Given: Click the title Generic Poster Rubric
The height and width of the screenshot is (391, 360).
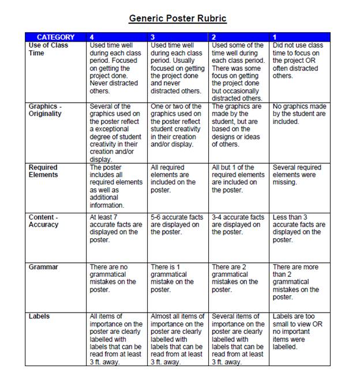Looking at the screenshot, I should click(x=178, y=18).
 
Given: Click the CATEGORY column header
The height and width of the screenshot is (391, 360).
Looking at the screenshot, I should click(x=56, y=37).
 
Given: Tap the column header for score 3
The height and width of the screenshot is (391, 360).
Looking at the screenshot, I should click(x=153, y=37).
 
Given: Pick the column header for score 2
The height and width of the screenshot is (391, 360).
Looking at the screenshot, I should click(x=214, y=37).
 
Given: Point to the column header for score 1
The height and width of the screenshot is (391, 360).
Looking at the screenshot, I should click(x=275, y=37).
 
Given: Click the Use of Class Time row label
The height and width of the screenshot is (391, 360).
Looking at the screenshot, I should click(x=48, y=49).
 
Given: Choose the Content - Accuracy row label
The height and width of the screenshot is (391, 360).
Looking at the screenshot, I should click(x=44, y=221).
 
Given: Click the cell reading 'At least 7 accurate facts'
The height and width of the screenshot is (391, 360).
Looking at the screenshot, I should click(x=116, y=228).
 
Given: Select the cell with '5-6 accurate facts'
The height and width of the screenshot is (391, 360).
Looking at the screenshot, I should click(x=177, y=225).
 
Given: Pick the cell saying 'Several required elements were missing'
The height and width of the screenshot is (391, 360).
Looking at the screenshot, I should click(x=297, y=175).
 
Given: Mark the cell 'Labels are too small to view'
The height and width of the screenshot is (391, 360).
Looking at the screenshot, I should click(x=297, y=332).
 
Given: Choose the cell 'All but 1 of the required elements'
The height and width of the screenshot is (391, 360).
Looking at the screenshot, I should click(x=238, y=178).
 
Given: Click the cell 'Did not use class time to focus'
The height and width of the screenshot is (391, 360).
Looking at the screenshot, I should click(x=298, y=60).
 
